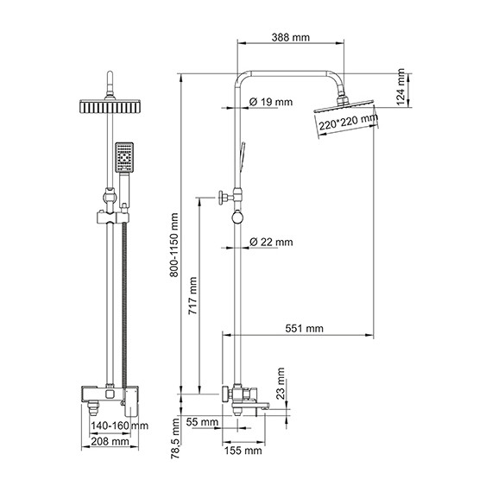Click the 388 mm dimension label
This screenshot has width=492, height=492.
(x=291, y=37)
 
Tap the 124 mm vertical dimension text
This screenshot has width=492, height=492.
(x=401, y=87)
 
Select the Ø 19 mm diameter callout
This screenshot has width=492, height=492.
(x=271, y=102)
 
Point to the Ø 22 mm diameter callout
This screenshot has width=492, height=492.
(x=271, y=242)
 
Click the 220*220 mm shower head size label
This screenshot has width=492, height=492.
(x=349, y=123)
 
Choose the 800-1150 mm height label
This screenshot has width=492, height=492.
(x=173, y=245)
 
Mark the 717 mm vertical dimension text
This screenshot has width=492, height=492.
(x=192, y=295)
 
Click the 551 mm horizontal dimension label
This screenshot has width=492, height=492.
(x=304, y=328)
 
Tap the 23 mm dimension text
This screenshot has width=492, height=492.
(x=281, y=383)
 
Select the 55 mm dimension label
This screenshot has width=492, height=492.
(x=202, y=422)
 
